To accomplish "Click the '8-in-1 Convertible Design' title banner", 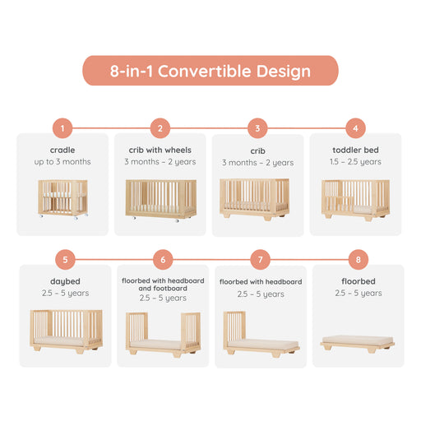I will pos(210,71).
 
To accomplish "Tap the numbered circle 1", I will pos(62,127).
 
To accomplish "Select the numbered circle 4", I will pos(355,127).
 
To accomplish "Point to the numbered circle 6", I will pos(163,260).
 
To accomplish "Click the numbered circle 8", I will pos(358,260).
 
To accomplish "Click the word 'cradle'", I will pos(62,150).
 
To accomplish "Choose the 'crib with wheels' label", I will pos(160,150).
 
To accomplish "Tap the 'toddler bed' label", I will pos(355,150).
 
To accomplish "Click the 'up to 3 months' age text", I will pos(62,162).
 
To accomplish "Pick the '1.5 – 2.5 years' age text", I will pos(355,162).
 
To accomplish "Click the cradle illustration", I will pos(63,200).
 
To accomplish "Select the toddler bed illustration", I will pos(355,199).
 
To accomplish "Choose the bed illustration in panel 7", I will pos(260,333).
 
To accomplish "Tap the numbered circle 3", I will pos(258,127).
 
